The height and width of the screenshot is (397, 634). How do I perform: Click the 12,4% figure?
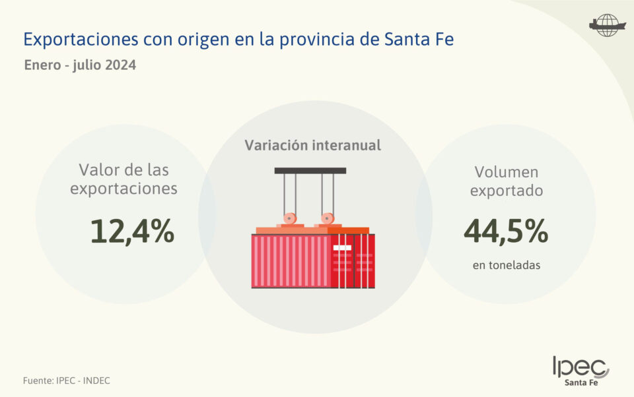tap(132, 231)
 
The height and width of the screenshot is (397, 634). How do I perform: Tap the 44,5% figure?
tap(506, 231)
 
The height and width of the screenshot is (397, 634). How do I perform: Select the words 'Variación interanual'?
tap(313, 145)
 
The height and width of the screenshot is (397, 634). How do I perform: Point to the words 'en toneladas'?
tap(507, 265)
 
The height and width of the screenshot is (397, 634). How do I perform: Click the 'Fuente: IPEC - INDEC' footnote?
tap(67, 381)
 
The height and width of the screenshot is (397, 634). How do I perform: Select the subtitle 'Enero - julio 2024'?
tap(80, 66)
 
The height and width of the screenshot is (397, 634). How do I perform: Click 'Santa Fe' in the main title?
tap(419, 39)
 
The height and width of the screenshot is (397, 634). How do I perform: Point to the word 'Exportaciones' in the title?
tap(81, 39)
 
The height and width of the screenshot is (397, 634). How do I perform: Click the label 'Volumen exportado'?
tap(507, 181)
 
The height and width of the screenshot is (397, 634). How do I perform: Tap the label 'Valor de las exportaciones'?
tap(124, 179)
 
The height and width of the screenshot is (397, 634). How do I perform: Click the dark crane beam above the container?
tap(310, 171)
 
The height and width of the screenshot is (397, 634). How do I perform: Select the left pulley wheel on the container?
tap(289, 218)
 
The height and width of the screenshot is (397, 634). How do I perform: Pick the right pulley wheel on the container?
tap(326, 218)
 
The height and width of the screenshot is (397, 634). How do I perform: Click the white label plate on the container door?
tap(342, 248)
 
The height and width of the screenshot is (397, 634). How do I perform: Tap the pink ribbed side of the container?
tap(291, 261)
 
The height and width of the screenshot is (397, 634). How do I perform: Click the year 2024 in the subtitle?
tap(121, 66)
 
